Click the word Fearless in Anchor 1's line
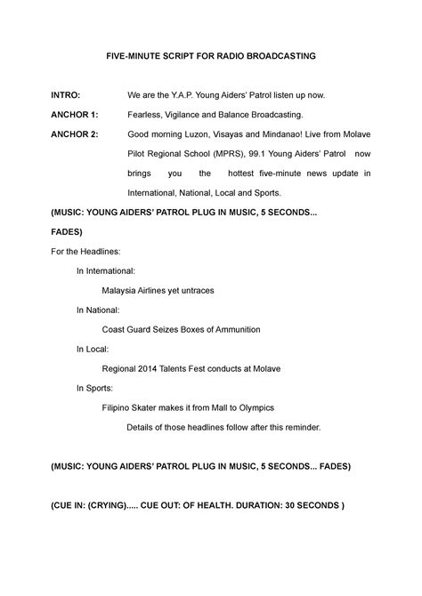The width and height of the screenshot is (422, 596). click(146, 114)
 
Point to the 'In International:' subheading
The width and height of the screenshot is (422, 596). click(106, 270)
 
